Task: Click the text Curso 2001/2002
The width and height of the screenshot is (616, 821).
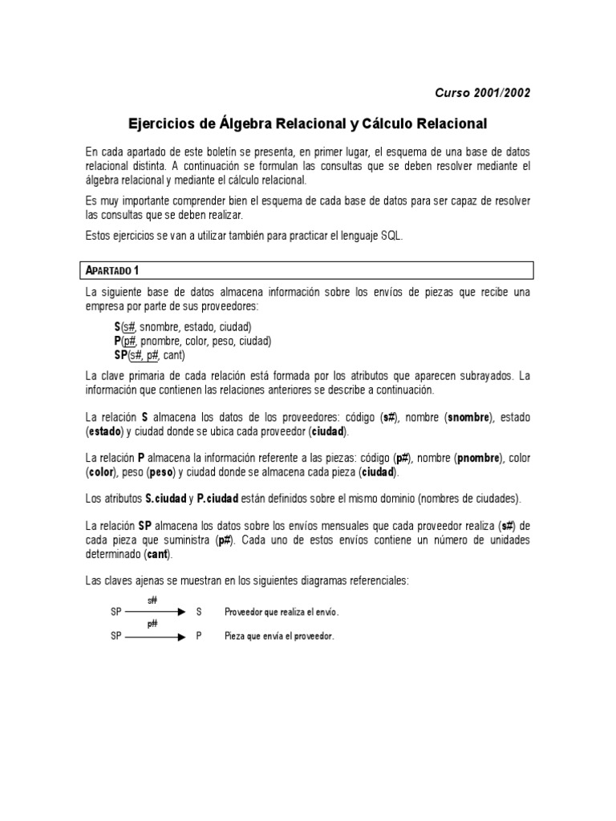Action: (482, 92)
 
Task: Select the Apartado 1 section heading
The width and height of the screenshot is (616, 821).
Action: (113, 269)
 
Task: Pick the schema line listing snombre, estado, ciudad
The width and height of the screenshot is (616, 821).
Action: (183, 327)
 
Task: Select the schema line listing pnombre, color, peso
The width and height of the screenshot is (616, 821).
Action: (192, 341)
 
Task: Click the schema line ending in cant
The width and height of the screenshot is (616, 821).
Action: (149, 354)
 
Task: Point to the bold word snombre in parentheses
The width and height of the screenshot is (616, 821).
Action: (468, 418)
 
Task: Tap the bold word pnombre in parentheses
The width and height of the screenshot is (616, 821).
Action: (477, 458)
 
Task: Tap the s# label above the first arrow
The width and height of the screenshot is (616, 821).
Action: (152, 600)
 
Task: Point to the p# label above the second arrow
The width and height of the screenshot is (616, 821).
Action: (152, 625)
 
